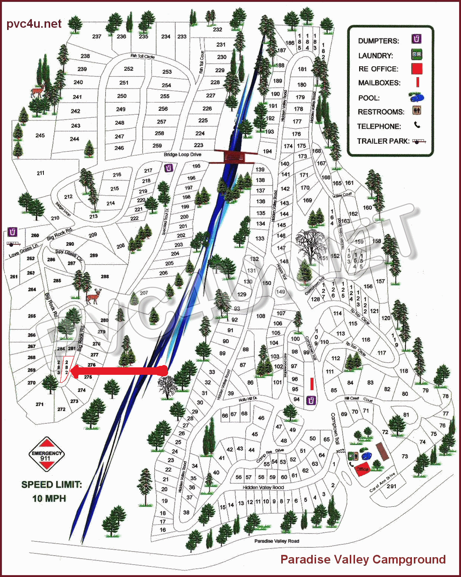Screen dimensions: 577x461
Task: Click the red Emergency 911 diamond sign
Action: click(46, 454)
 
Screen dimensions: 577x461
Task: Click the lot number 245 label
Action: click(40, 135)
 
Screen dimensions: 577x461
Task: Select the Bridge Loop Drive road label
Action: click(182, 154)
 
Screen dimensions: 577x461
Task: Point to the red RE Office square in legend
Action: click(416, 69)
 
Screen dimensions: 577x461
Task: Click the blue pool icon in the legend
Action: click(416, 97)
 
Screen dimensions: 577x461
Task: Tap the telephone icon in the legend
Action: click(417, 125)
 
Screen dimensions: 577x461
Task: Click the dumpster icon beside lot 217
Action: click(169, 168)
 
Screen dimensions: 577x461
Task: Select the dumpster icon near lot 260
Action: click(13, 232)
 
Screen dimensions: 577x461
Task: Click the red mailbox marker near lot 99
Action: click(312, 384)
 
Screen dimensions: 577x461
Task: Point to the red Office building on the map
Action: click(362, 469)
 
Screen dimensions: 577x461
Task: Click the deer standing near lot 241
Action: click(37, 91)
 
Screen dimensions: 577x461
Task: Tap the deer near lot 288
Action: click(93, 296)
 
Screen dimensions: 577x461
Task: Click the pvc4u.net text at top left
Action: click(34, 24)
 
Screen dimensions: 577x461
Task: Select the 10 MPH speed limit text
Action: click(49, 498)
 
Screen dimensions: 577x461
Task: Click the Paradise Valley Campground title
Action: click(363, 559)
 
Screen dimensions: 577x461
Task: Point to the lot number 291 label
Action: click(391, 486)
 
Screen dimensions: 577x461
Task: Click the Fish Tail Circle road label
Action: click(142, 56)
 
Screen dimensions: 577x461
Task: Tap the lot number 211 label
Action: click(40, 173)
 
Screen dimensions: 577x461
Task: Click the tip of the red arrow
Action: click(72, 371)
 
